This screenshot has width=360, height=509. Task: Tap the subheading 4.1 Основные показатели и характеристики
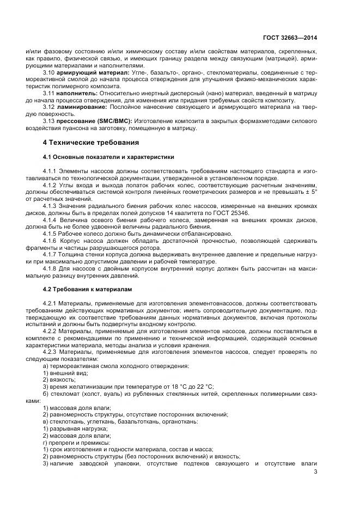108,157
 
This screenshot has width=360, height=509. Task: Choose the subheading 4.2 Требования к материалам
87,289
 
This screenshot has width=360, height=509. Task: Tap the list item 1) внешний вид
65,372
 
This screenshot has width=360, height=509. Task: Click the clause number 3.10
49,72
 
